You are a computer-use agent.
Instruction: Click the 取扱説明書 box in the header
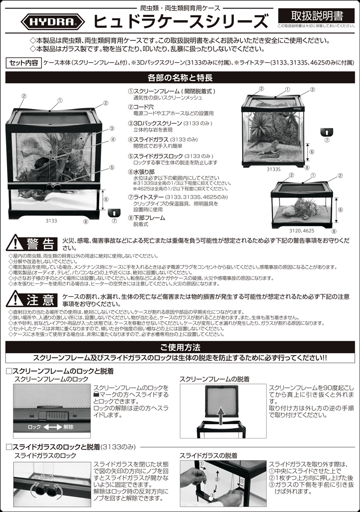pos(316,15)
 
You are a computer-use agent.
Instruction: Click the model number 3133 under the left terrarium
pos(51,220)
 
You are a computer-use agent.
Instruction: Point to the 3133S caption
pos(274,168)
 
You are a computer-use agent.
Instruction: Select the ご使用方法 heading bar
pos(180,347)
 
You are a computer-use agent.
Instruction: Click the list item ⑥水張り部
pos(144,172)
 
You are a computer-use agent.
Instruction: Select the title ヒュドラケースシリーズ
pos(180,21)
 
